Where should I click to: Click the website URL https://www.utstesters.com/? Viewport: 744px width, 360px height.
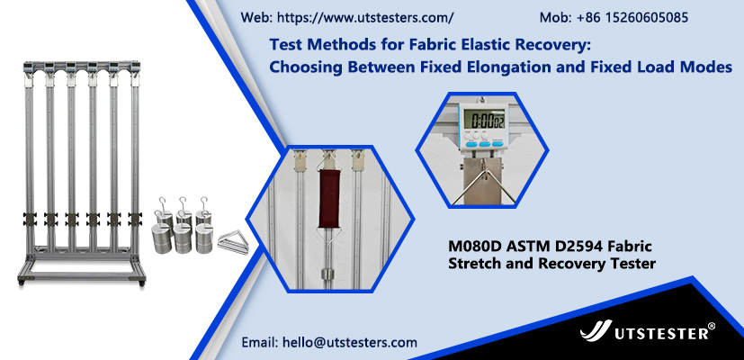pyautogui.click(x=365, y=18)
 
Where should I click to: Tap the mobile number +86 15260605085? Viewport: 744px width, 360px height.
pyautogui.click(x=632, y=18)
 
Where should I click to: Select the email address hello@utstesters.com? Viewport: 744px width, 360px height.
pyautogui.click(x=350, y=342)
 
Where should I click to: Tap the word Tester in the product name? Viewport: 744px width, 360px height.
pyautogui.click(x=634, y=263)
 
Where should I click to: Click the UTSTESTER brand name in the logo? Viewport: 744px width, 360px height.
pyautogui.click(x=661, y=333)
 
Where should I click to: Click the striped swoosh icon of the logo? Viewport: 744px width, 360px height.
pyautogui.click(x=596, y=330)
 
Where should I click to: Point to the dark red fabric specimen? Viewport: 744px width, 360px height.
pyautogui.click(x=329, y=198)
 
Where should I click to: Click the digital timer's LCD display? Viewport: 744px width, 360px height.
pyautogui.click(x=483, y=118)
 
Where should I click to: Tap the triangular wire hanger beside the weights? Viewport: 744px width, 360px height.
pyautogui.click(x=233, y=242)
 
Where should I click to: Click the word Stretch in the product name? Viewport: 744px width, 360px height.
pyautogui.click(x=471, y=263)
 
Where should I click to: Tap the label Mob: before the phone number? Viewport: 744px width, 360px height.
pyautogui.click(x=556, y=18)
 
